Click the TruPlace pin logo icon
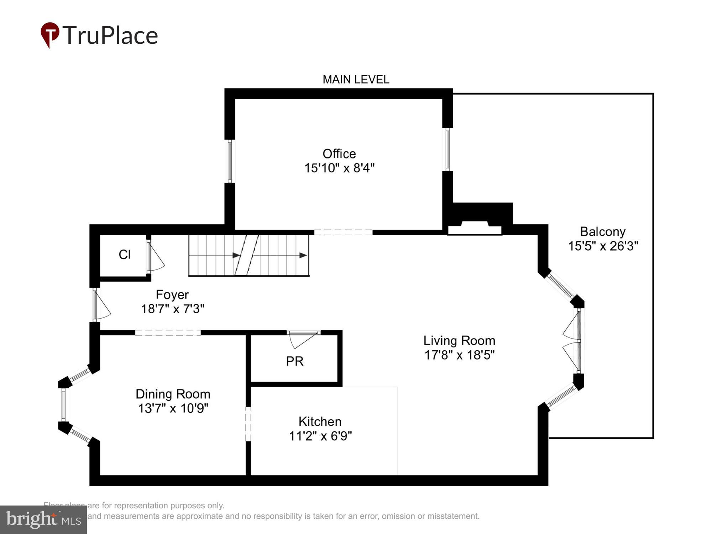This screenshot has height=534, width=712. pyautogui.click(x=49, y=35)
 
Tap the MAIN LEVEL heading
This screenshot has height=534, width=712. pyautogui.click(x=356, y=79)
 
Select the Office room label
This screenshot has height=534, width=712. pyautogui.click(x=339, y=154)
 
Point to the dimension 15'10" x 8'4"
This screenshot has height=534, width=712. pyautogui.click(x=339, y=168)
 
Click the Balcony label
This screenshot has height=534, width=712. pyautogui.click(x=603, y=232)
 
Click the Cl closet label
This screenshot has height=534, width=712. pyautogui.click(x=125, y=255)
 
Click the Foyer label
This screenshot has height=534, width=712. pyautogui.click(x=172, y=295)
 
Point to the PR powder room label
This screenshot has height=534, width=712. pyautogui.click(x=295, y=361)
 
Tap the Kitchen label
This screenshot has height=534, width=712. pyautogui.click(x=320, y=422)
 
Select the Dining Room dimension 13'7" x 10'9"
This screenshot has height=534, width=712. pyautogui.click(x=173, y=408)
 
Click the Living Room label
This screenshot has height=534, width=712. pyautogui.click(x=459, y=341)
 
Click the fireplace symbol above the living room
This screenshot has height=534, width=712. pyautogui.click(x=475, y=227)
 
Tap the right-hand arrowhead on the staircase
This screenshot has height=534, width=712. pyautogui.click(x=303, y=255)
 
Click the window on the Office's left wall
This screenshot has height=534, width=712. pyautogui.click(x=230, y=161)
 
